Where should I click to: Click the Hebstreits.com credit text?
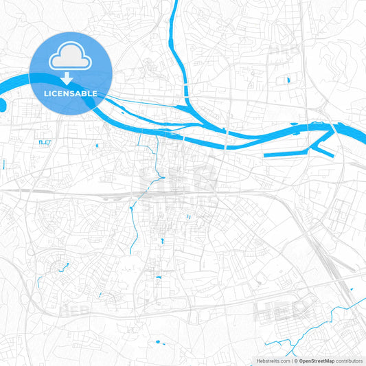[272, 361]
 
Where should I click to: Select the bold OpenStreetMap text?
[317, 361]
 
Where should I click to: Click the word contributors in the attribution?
[350, 361]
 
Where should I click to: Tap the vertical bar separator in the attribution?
[293, 361]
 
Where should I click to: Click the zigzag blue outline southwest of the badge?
[45, 142]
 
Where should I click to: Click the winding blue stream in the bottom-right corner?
[330, 316]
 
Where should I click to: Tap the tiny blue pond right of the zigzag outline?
[97, 146]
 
